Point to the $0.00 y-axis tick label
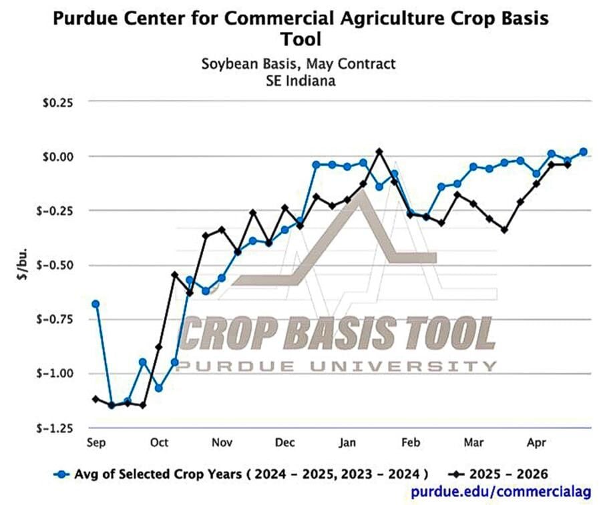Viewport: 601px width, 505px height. click(x=61, y=157)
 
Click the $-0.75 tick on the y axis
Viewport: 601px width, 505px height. click(x=59, y=319)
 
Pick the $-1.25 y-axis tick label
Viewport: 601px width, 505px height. click(x=59, y=428)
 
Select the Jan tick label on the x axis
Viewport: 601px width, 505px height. click(x=348, y=442)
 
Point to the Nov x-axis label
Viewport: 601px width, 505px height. click(x=222, y=442)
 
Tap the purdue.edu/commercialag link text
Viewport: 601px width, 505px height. click(x=501, y=492)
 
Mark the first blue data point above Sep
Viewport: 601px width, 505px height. click(x=95, y=304)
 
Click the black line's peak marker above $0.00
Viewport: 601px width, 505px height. click(x=379, y=151)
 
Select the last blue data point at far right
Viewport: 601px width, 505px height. click(x=583, y=151)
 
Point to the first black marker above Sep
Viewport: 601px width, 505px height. click(x=95, y=399)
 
